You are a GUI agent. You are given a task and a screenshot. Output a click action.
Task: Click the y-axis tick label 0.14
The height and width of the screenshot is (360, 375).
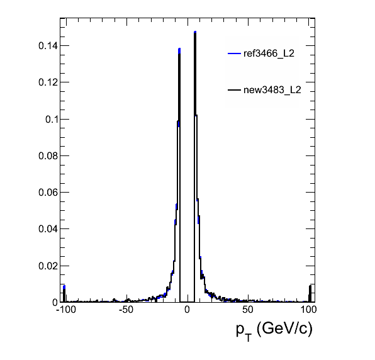pyautogui.click(x=48, y=46)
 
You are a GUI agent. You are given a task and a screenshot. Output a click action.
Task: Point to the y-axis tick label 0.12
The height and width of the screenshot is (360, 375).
pyautogui.click(x=48, y=82)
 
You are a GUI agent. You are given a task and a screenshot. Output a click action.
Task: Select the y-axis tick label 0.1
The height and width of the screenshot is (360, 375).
pyautogui.click(x=52, y=119)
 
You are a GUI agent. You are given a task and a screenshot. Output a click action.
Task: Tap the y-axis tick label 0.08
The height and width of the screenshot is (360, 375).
pyautogui.click(x=48, y=155)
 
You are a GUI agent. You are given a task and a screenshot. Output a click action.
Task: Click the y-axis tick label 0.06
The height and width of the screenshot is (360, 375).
pyautogui.click(x=48, y=193)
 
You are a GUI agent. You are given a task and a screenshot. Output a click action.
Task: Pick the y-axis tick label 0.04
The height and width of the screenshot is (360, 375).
pyautogui.click(x=48, y=229)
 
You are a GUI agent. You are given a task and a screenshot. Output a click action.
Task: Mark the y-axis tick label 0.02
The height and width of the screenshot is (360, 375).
pyautogui.click(x=48, y=266)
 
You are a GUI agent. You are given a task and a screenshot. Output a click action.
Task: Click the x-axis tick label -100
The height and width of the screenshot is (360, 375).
pyautogui.click(x=66, y=310)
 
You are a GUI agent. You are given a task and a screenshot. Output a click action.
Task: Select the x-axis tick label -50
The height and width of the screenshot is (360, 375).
pyautogui.click(x=126, y=310)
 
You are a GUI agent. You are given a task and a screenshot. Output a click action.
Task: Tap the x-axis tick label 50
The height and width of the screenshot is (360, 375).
pyautogui.click(x=247, y=310)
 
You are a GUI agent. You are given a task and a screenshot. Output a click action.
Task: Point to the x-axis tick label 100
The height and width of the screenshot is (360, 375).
pyautogui.click(x=308, y=310)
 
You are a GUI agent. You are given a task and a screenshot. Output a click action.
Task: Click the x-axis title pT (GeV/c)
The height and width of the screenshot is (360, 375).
pyautogui.click(x=274, y=331)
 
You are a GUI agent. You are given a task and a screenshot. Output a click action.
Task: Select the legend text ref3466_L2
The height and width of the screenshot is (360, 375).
pyautogui.click(x=269, y=53)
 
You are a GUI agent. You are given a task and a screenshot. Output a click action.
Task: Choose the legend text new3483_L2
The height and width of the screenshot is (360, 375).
pyautogui.click(x=272, y=90)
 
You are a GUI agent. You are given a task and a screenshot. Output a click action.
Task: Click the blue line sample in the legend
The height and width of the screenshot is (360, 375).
pyautogui.click(x=234, y=53)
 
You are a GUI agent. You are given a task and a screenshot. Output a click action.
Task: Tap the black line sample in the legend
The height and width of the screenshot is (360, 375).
pyautogui.click(x=234, y=90)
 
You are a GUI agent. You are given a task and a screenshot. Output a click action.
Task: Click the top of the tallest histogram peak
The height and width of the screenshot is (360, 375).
pyautogui.click(x=195, y=31)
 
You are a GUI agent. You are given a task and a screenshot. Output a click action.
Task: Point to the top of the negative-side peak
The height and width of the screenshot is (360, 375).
pyautogui.click(x=179, y=49)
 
